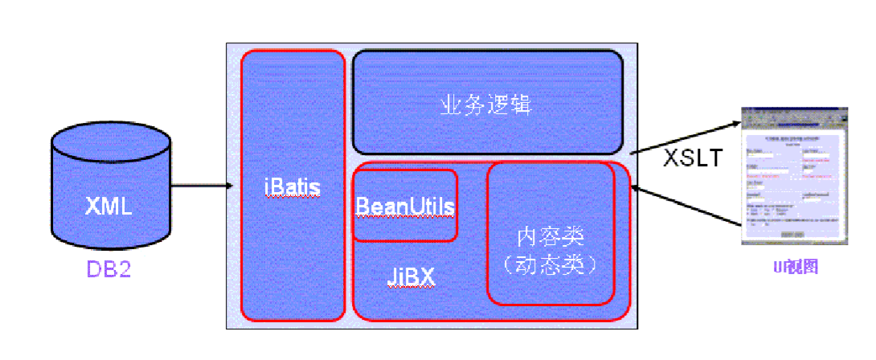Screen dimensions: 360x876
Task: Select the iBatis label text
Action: pyautogui.click(x=292, y=188)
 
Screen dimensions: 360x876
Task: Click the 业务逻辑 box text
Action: pyautogui.click(x=487, y=104)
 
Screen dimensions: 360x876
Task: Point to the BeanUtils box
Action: pyautogui.click(x=405, y=206)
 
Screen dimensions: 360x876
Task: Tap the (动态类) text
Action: pyautogui.click(x=551, y=263)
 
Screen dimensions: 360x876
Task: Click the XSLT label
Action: pyautogui.click(x=693, y=157)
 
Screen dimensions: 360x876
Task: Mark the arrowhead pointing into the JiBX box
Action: pyautogui.click(x=636, y=188)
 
